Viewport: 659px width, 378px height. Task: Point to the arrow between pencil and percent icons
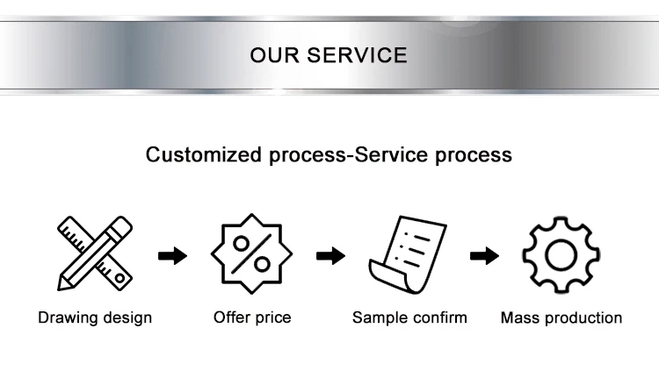[x=173, y=256]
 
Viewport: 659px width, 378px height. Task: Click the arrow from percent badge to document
[x=330, y=256]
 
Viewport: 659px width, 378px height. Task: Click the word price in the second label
[x=273, y=317]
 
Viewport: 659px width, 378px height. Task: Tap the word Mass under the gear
[x=519, y=317]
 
